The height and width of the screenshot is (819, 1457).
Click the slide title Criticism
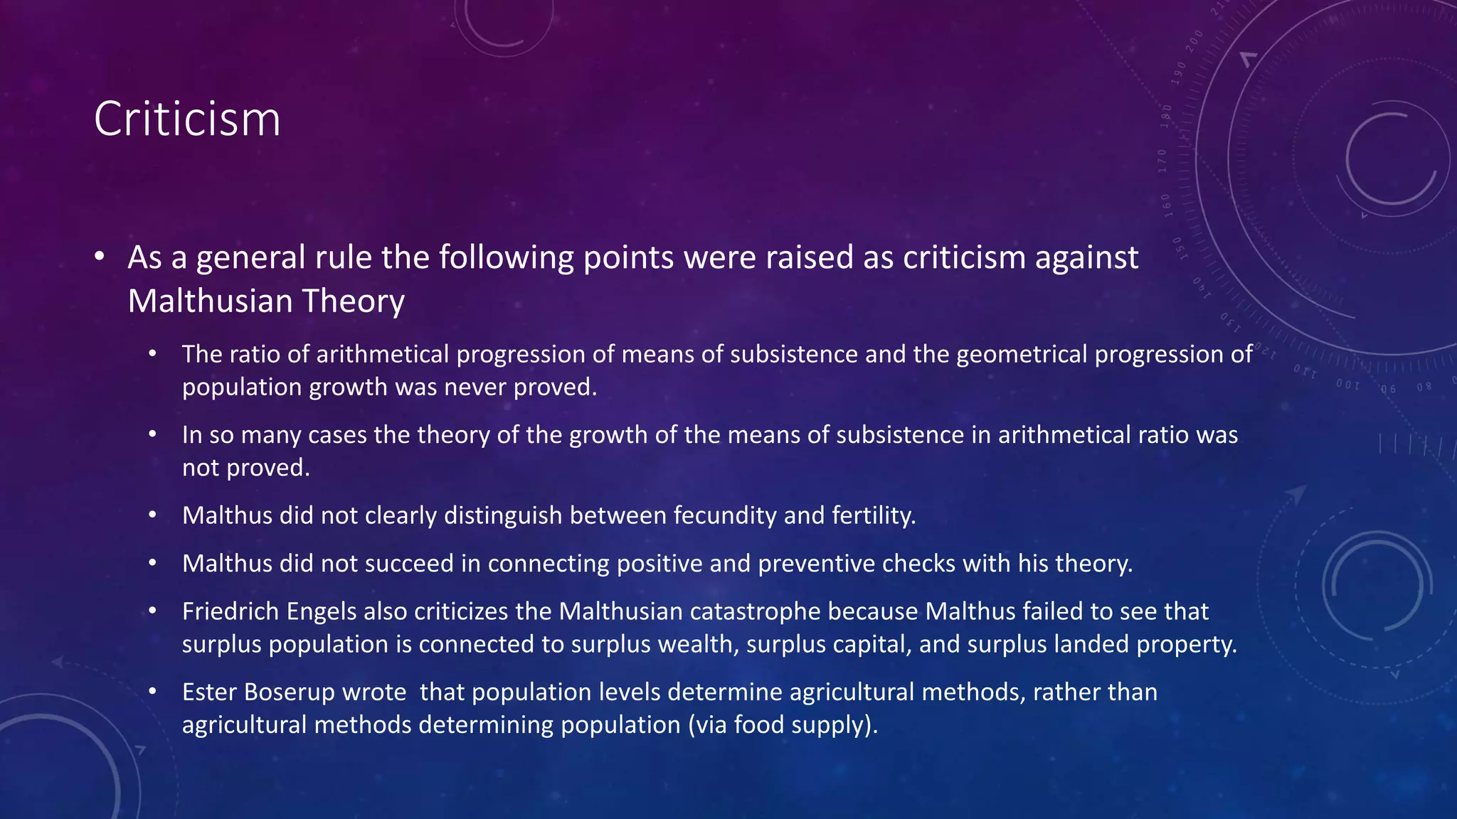click(x=187, y=119)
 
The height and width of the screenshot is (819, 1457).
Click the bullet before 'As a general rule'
click(x=100, y=256)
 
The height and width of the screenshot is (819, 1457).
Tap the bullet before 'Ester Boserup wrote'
click(x=152, y=691)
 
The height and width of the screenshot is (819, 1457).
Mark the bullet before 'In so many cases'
click(x=152, y=434)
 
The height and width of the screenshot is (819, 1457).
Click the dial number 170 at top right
click(x=1162, y=161)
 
